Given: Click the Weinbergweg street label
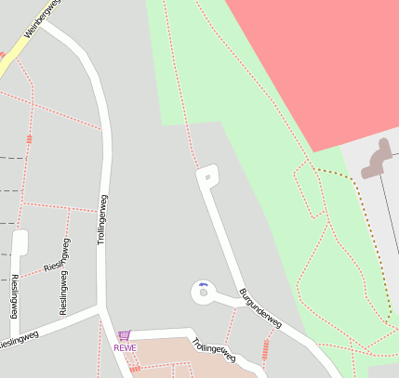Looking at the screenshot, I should tap(41, 18).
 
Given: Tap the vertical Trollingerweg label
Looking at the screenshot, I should tap(103, 219).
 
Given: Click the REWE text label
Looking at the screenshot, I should tap(125, 348).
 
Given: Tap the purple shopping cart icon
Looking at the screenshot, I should tap(125, 335).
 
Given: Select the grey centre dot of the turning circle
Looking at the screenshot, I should tap(203, 294).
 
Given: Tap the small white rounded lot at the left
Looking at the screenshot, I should tap(20, 242).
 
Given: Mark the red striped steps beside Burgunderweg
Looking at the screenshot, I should tap(267, 348).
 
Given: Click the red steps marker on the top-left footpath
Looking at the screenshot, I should tap(30, 138).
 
